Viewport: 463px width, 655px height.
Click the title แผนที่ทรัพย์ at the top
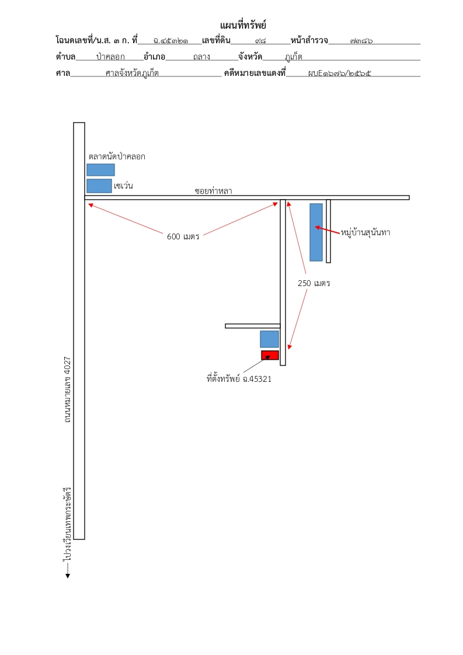tap(243, 25)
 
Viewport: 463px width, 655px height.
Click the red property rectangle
tap(270, 355)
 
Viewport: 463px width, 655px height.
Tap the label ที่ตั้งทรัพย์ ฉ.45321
tap(239, 379)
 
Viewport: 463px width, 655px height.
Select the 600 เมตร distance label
tap(183, 236)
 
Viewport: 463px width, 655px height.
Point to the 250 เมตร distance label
tap(314, 283)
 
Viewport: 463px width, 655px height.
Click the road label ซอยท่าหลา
tap(213, 191)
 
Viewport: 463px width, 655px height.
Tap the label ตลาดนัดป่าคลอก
tap(117, 156)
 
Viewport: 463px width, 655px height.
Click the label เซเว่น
tap(123, 186)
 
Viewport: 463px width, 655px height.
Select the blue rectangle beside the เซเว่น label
tap(99, 186)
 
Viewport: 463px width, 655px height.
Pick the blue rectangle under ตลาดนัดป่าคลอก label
tap(100, 170)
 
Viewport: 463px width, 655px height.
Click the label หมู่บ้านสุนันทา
tap(365, 232)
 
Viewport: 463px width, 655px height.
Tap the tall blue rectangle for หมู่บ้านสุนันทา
tap(316, 232)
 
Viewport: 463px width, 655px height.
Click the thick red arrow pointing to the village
tap(328, 230)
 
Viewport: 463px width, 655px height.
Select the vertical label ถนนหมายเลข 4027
tap(67, 389)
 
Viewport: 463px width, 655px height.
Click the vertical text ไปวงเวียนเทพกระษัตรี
tap(67, 524)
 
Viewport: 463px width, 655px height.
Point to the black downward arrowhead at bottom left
tap(68, 576)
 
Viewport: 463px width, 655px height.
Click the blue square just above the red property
tap(270, 339)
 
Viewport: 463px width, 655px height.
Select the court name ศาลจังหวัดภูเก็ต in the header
tap(132, 73)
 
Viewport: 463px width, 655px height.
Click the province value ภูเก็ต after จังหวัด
tap(293, 57)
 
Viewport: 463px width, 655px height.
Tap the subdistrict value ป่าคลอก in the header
tap(110, 57)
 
